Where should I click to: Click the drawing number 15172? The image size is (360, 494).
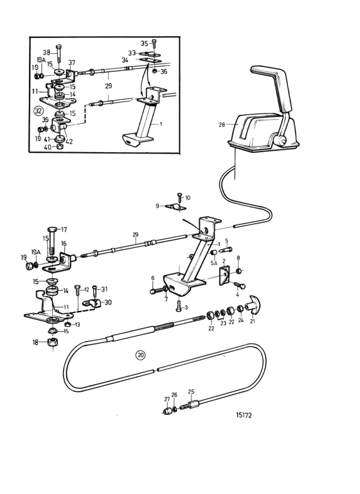[x=244, y=415]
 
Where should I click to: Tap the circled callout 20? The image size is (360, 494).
[x=141, y=355]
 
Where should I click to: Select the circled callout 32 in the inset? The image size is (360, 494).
[x=38, y=111]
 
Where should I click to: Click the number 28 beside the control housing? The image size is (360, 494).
[x=222, y=125]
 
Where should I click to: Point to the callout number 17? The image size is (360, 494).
[x=64, y=230]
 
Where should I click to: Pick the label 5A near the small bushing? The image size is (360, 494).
[x=214, y=263]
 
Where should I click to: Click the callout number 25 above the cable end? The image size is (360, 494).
[x=191, y=392]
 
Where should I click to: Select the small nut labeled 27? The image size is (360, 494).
[x=167, y=410]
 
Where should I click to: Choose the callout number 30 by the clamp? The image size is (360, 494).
[x=108, y=303]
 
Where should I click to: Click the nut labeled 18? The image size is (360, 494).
[x=51, y=342]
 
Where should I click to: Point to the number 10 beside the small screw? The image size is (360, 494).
[x=188, y=198]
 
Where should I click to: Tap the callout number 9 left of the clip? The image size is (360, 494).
[x=157, y=206]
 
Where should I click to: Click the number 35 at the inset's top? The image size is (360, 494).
[x=144, y=44]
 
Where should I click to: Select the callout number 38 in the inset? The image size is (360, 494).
[x=47, y=53]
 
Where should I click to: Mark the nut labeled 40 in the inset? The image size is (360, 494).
[x=59, y=146]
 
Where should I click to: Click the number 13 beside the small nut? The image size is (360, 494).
[x=77, y=324]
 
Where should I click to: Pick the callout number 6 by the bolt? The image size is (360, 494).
[x=153, y=278]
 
